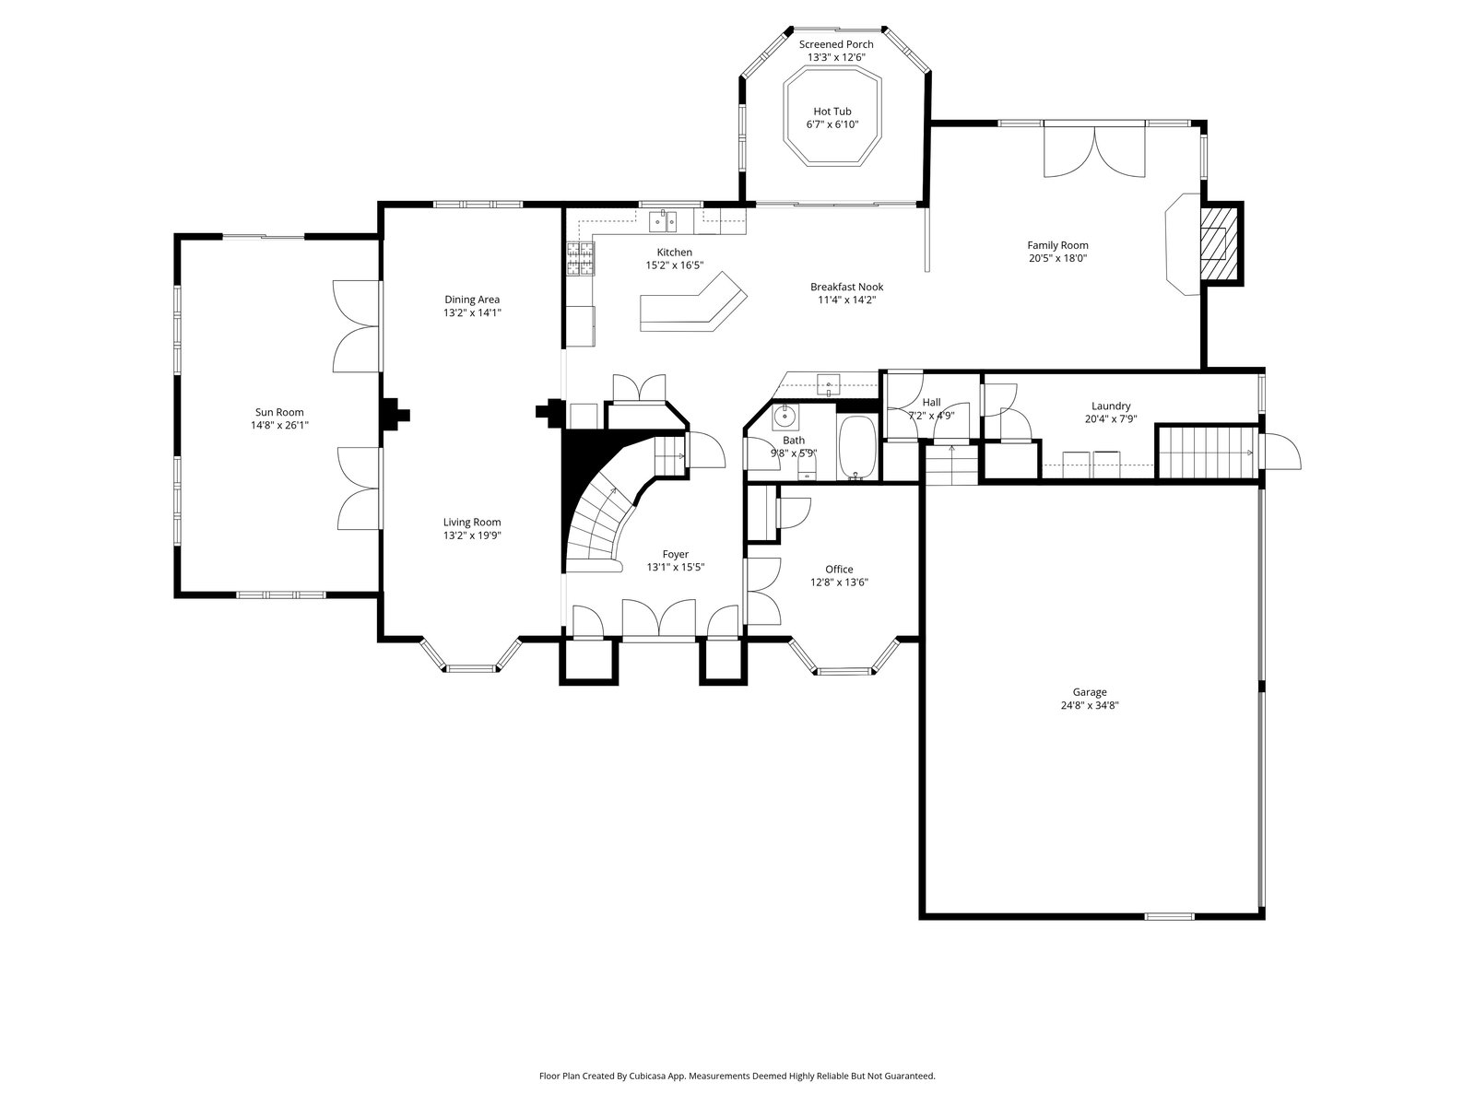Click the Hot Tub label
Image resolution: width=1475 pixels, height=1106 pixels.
(x=832, y=112)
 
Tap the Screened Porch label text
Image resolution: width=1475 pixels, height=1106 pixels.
(x=836, y=44)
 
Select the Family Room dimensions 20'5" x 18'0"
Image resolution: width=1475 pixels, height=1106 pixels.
(x=1057, y=258)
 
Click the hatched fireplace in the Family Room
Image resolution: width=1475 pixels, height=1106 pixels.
(x=1219, y=243)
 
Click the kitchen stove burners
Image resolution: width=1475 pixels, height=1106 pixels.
(x=581, y=259)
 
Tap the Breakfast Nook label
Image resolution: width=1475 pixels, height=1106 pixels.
(x=846, y=287)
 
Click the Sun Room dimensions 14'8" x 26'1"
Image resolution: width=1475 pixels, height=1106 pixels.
(x=279, y=425)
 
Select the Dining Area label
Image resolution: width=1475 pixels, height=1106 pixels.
(x=472, y=300)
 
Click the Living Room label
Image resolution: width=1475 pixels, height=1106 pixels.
(x=472, y=522)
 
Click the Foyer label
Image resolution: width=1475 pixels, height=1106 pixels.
(x=676, y=554)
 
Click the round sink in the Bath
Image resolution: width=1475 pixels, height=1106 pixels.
(x=784, y=417)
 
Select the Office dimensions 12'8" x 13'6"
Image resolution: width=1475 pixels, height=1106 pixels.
(x=839, y=582)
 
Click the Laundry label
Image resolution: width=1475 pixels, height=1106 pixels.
(x=1111, y=406)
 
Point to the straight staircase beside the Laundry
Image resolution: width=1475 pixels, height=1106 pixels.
(x=1207, y=453)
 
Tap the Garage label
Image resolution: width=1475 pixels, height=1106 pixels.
(x=1090, y=691)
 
